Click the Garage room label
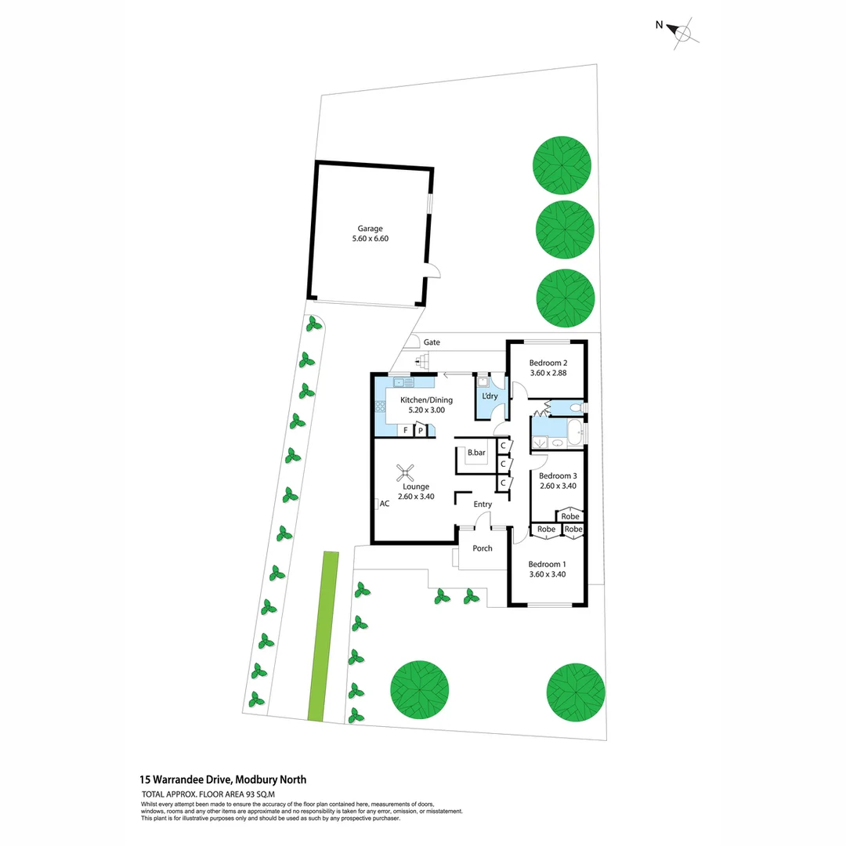(371, 229)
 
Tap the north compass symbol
(682, 32)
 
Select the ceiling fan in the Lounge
(406, 472)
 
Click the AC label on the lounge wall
(384, 504)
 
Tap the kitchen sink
(403, 382)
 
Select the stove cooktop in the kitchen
(381, 406)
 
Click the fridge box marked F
(406, 430)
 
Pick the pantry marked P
(421, 430)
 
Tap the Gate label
(432, 342)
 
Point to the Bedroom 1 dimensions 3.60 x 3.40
(547, 574)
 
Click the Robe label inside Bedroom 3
(570, 516)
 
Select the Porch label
(483, 548)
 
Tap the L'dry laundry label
(490, 396)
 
